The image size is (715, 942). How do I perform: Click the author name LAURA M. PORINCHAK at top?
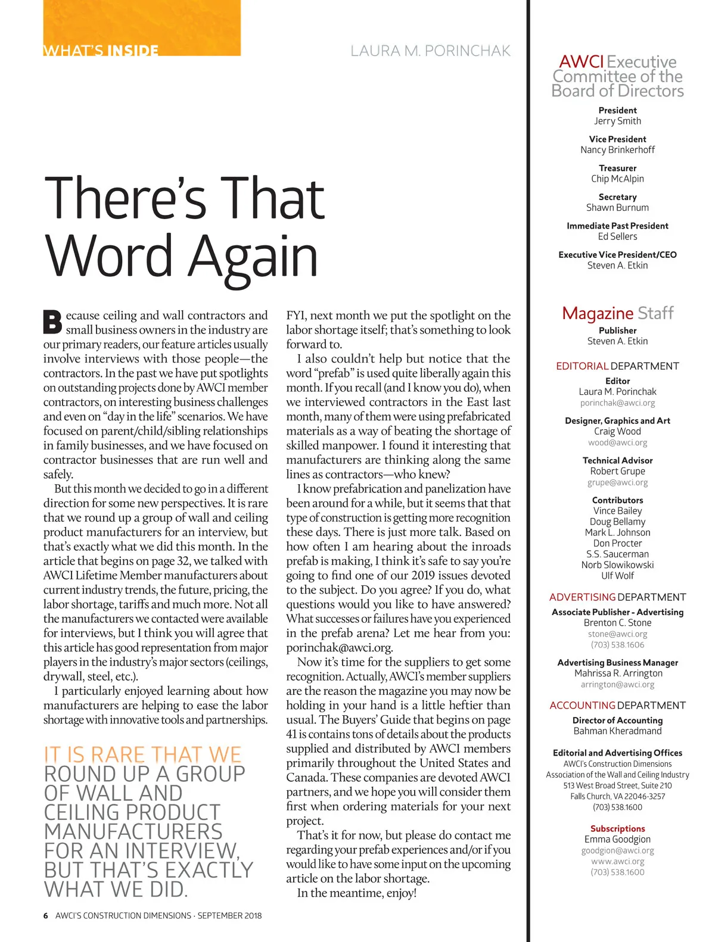tap(430, 51)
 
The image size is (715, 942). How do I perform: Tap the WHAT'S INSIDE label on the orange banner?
tap(101, 51)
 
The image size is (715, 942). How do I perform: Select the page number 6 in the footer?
tap(46, 915)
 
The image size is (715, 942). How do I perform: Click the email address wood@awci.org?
tap(617, 442)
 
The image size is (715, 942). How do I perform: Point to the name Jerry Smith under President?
tap(617, 121)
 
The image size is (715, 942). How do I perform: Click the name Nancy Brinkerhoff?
tap(617, 150)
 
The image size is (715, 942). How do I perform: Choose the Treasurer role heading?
tap(617, 168)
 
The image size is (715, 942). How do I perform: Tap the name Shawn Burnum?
tap(617, 208)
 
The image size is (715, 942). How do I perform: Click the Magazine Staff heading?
tap(617, 313)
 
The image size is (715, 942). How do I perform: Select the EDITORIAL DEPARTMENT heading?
tap(617, 366)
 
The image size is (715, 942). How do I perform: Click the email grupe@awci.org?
tap(617, 482)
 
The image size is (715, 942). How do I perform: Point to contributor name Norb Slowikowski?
tap(617, 564)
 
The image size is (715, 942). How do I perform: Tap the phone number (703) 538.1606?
tap(617, 644)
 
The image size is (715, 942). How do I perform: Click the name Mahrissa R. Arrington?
tap(618, 673)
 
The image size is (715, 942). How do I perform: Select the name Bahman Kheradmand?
tap(617, 731)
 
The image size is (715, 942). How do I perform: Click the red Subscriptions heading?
tap(617, 828)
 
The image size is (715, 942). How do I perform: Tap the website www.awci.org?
tap(617, 861)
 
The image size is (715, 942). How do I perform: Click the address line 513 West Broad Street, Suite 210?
tap(617, 785)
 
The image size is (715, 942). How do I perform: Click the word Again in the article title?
tap(254, 256)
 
